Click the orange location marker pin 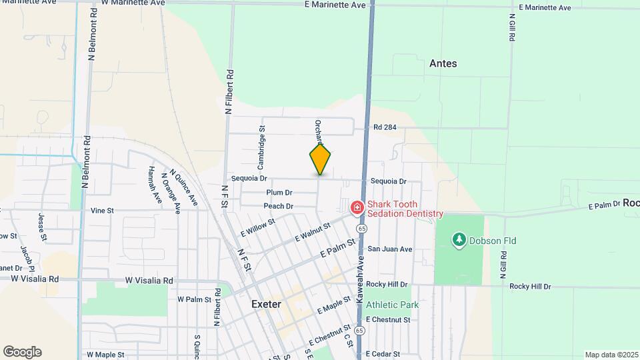[x=320, y=159]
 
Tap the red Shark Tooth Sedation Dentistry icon [x=357, y=208]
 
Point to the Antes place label [x=443, y=64]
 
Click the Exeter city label [x=266, y=304]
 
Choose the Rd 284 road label [x=385, y=127]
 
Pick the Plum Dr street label [x=279, y=193]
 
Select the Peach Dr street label [x=278, y=206]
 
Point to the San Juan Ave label [x=390, y=249]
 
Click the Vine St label [x=103, y=210]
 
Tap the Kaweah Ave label [x=360, y=281]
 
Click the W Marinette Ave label [x=133, y=3]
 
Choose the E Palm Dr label [x=604, y=205]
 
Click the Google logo [x=22, y=352]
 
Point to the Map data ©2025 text [x=610, y=355]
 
